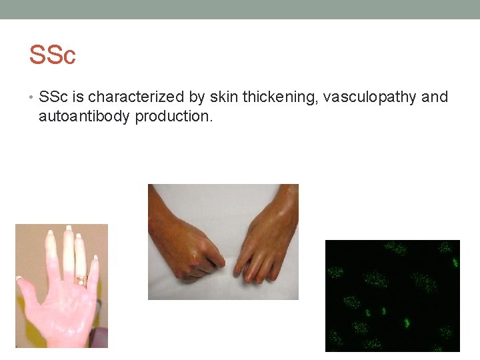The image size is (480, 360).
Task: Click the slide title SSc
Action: [52, 55]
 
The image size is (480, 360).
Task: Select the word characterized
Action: [136, 97]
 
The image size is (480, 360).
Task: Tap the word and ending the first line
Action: [435, 97]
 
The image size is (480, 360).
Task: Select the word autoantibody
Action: [85, 117]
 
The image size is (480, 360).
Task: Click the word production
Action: [173, 117]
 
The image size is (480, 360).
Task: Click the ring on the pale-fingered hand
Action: [81, 281]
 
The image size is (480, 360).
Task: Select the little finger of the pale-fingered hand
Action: [94, 270]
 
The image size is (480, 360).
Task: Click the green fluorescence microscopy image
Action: [392, 295]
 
